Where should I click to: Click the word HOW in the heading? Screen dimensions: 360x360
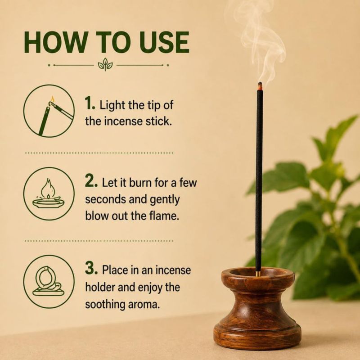54,42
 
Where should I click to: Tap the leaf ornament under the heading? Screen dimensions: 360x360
105,64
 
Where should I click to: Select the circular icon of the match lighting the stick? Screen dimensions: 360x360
49,111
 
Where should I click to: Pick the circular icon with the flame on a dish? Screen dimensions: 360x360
49,193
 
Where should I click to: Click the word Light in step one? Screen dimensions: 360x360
112,106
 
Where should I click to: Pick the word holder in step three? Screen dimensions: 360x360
100,287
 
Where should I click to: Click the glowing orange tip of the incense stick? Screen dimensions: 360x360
260,85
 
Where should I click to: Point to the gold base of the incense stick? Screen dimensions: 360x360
258,274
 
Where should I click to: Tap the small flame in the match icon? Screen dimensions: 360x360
53,99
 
